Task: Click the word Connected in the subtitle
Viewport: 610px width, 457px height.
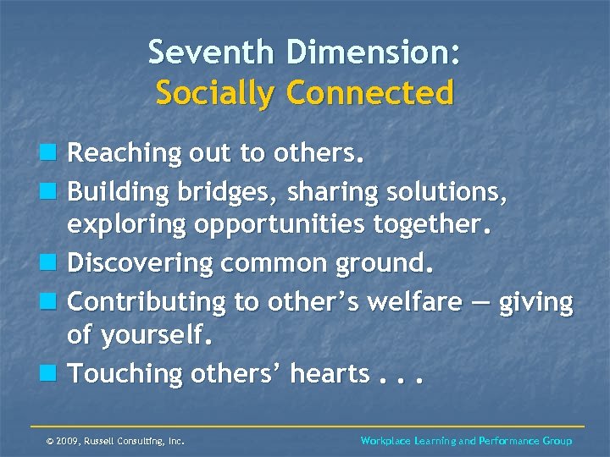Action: coord(375,92)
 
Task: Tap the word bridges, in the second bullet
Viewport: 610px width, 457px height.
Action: coord(228,193)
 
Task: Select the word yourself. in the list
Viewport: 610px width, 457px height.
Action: coord(154,337)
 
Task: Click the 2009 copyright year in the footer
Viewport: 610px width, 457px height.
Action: coord(68,441)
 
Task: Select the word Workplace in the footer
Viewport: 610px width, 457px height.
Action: coord(385,441)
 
